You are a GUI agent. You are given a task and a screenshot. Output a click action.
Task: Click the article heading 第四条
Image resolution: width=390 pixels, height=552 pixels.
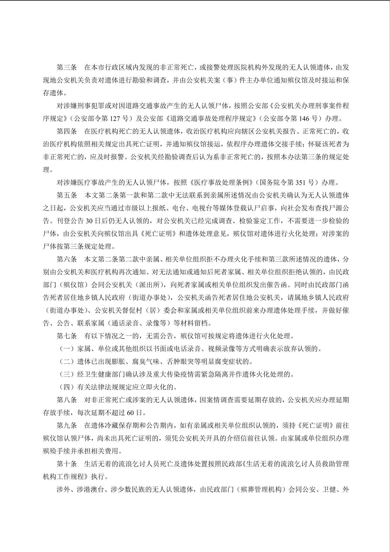pyautogui.click(x=67, y=131)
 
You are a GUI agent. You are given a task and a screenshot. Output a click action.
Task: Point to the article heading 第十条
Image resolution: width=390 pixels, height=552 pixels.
pyautogui.click(x=67, y=464)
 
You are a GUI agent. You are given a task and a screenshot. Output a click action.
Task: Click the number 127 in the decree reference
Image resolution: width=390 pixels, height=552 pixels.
pyautogui.click(x=115, y=118)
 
